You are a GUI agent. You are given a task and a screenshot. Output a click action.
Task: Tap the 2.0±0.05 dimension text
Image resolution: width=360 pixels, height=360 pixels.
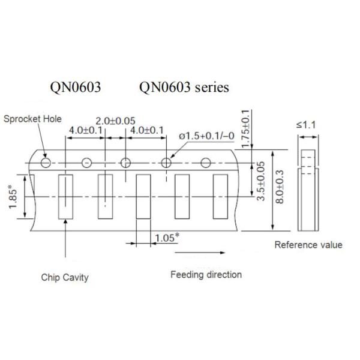[x=116, y=121]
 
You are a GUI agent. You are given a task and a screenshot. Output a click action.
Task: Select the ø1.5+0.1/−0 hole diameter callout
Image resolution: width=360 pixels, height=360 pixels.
[x=207, y=136]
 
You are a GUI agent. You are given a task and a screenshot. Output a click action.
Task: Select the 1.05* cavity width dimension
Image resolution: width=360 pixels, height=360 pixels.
[x=166, y=238]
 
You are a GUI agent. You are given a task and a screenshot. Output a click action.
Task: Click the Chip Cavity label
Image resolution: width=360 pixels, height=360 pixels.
[x=65, y=277]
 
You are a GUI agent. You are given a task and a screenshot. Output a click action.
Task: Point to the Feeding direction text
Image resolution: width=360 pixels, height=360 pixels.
[x=206, y=275]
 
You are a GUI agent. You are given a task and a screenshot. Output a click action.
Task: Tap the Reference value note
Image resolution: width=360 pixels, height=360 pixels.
[x=308, y=245]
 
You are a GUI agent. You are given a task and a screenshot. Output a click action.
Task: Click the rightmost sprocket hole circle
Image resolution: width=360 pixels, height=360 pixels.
[x=206, y=162]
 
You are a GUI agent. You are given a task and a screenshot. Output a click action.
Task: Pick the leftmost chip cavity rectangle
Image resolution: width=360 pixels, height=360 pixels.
[x=65, y=197]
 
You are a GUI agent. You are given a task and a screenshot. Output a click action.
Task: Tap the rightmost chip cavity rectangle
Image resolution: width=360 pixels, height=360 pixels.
[x=220, y=196]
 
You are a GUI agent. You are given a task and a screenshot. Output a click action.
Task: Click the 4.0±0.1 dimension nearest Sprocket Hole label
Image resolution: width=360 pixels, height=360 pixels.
[x=85, y=130]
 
